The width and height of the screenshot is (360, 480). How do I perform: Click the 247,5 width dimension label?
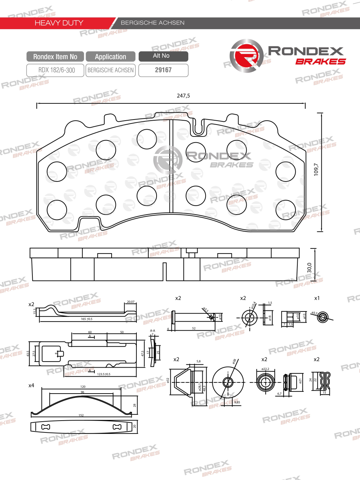pyautogui.click(x=183, y=96)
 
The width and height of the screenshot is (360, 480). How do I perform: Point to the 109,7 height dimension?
pyautogui.click(x=316, y=169)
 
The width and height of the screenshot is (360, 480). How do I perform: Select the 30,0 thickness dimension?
pyautogui.click(x=309, y=268)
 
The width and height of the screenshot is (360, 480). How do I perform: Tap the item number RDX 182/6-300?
pyautogui.click(x=57, y=70)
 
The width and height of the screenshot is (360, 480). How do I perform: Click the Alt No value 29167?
pyautogui.click(x=163, y=70)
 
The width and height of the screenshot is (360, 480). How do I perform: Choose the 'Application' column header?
pyautogui.click(x=111, y=57)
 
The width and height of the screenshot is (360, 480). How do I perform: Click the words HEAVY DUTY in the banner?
pyautogui.click(x=59, y=23)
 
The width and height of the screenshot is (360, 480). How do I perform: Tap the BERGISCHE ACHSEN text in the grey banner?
pyautogui.click(x=153, y=23)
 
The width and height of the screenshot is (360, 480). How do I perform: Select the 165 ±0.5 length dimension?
pyautogui.click(x=86, y=319)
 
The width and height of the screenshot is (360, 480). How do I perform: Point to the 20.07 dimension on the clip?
pyautogui.click(x=130, y=302)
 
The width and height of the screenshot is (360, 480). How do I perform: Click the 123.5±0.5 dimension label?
pyautogui.click(x=104, y=374)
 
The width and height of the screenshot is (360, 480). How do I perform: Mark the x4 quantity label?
pyautogui.click(x=31, y=385)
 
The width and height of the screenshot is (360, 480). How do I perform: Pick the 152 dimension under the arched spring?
pyautogui.click(x=81, y=415)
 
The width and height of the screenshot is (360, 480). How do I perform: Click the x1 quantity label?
pyautogui.click(x=317, y=298)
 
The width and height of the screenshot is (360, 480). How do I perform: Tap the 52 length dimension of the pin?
pyautogui.click(x=194, y=328)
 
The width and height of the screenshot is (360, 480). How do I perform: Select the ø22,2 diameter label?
pyautogui.click(x=265, y=369)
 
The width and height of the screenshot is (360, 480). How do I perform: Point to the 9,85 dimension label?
pyautogui.click(x=237, y=402)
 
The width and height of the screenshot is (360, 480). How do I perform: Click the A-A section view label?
pyautogui.click(x=153, y=331)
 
